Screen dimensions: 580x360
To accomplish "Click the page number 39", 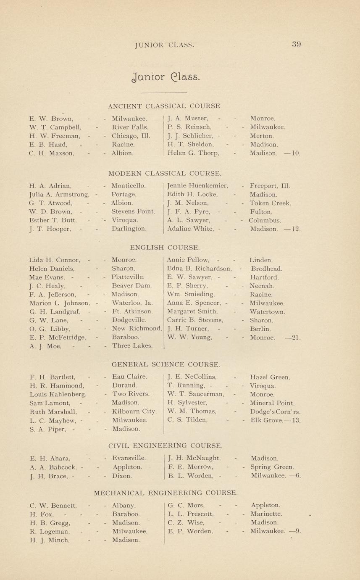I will coord(297,45).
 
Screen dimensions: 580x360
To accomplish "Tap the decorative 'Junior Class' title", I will coord(162,77).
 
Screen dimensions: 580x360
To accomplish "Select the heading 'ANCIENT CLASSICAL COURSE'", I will coord(165,106).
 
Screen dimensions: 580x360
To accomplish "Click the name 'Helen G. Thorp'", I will coord(193,153).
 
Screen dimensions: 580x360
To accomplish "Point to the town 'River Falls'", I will coord(130,127).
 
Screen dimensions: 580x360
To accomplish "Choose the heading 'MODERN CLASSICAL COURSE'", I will coord(165,173).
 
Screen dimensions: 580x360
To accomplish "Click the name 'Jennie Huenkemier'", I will coord(197,185).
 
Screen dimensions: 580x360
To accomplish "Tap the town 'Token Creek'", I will coord(270,203).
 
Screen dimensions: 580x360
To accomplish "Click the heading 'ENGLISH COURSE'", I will coord(165,248).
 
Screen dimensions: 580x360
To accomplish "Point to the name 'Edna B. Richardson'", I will coord(199,269).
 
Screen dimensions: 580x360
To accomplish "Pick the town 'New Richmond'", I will coord(137,329).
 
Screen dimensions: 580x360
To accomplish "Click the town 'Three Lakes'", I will coord(132,346).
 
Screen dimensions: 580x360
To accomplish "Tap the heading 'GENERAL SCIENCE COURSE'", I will coord(166,364).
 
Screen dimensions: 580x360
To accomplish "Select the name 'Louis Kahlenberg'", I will coord(58,394).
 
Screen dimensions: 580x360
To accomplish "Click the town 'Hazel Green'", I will coord(270,377).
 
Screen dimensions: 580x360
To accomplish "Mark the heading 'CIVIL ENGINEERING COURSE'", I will coord(165,446).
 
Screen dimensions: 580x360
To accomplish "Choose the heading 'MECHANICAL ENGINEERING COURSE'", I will coord(166,492).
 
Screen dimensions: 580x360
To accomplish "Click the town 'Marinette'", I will coord(266,514).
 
